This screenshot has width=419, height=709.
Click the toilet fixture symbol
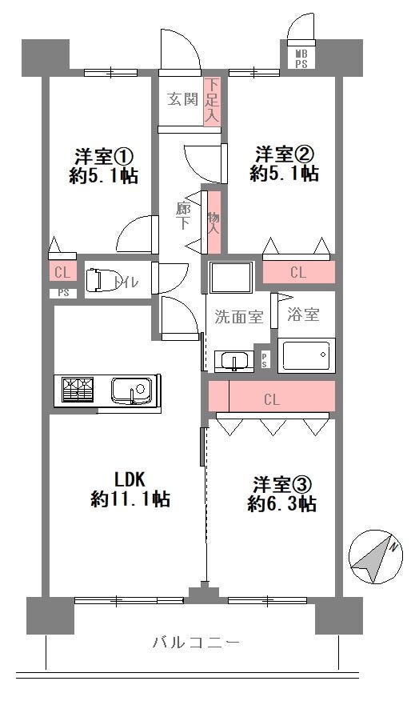coord(98,280)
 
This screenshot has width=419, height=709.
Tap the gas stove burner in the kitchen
coord(78,390)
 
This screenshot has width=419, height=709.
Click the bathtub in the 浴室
coord(306,355)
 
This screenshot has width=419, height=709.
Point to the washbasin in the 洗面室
coord(233,361)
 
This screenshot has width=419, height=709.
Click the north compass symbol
coord(376,557)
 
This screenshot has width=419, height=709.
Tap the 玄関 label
coord(182,98)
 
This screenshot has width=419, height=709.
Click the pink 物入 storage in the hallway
coord(213,222)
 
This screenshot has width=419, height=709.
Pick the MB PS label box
coord(301,58)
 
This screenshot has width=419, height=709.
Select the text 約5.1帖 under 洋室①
coord(103,176)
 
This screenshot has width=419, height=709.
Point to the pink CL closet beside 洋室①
coord(62,273)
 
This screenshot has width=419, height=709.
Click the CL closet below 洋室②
coord(299,272)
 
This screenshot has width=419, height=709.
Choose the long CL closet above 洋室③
coord(272,396)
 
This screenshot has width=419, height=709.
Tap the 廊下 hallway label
coord(183,216)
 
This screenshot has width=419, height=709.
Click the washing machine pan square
coord(230,278)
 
